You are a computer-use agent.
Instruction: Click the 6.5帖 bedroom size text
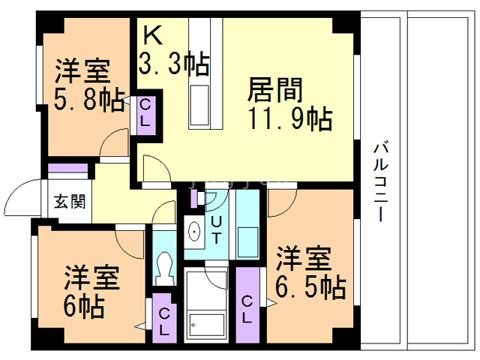click(x=308, y=286)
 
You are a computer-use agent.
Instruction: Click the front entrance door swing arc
click(x=19, y=198)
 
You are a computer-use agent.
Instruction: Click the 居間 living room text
click(x=275, y=90)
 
